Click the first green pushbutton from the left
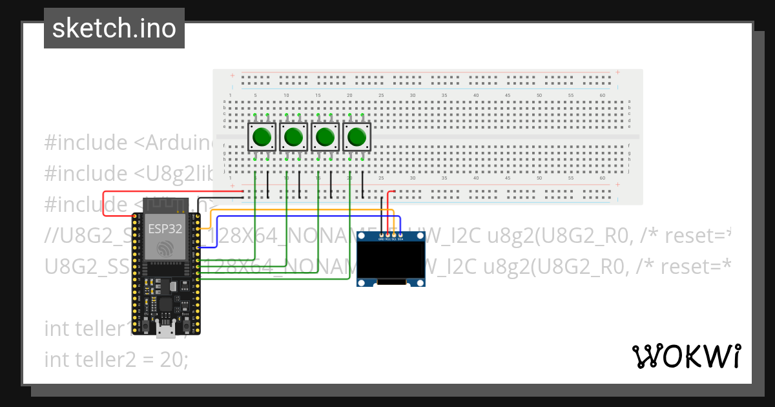tap(262, 137)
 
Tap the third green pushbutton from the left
tap(325, 137)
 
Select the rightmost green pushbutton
tap(356, 137)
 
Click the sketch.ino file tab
tap(114, 28)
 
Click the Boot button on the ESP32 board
tap(187, 321)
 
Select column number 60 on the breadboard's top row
tap(602, 95)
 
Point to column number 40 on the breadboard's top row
tap(475, 95)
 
